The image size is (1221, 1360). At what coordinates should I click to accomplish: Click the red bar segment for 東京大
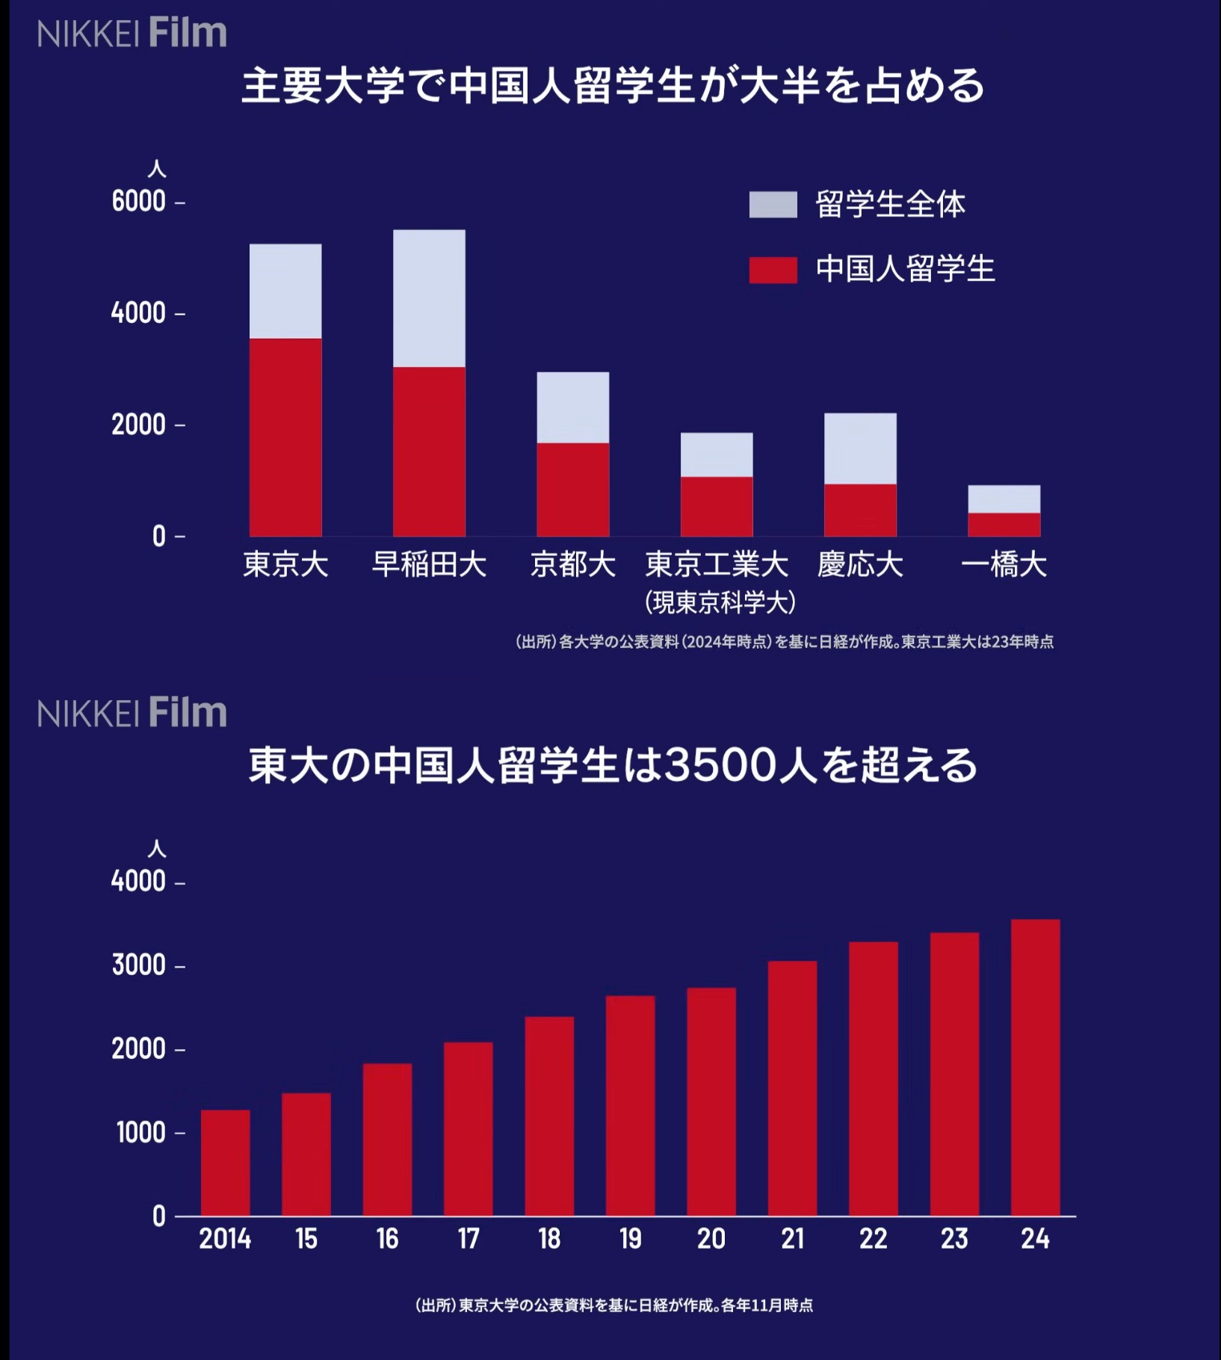point(285,437)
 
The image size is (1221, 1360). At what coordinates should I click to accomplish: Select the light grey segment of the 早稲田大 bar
point(429,298)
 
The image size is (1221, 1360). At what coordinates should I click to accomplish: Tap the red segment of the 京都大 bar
point(572,489)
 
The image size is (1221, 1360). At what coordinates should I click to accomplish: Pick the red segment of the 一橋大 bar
point(1004,525)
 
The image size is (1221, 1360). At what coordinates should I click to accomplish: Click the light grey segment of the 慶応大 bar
point(860,448)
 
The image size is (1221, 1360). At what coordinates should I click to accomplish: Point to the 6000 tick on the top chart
point(139,202)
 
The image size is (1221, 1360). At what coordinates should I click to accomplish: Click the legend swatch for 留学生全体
point(773,205)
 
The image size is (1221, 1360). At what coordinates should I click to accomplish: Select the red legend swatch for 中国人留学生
point(773,270)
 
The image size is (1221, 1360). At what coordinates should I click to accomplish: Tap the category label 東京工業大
point(717,565)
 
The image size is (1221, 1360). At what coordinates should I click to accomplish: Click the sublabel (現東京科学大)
point(720,602)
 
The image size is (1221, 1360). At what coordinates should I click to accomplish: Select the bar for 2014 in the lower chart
point(225,1163)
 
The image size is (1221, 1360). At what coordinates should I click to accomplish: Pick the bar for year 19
point(630,1105)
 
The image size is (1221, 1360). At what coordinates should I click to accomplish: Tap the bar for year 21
point(792,1088)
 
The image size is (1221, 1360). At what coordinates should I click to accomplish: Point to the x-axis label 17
point(469,1239)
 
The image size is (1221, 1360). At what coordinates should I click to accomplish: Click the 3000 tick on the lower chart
point(139,965)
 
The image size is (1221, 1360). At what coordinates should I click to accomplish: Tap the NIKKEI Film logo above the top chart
point(132,34)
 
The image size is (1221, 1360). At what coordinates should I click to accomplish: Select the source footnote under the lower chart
point(613,1305)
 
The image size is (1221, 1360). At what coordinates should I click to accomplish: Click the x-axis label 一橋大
point(1004,565)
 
